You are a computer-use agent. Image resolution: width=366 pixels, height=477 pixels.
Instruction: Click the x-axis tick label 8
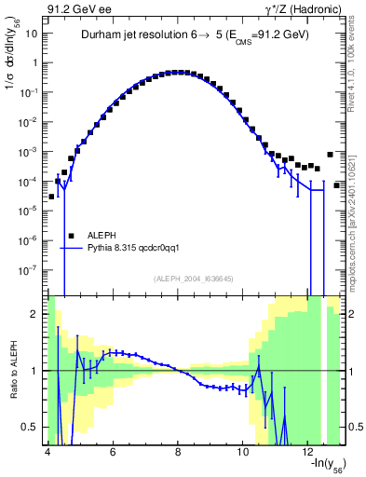177,451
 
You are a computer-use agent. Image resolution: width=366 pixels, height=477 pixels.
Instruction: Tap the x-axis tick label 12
308,451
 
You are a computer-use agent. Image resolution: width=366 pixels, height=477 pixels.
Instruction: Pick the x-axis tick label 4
47,451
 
